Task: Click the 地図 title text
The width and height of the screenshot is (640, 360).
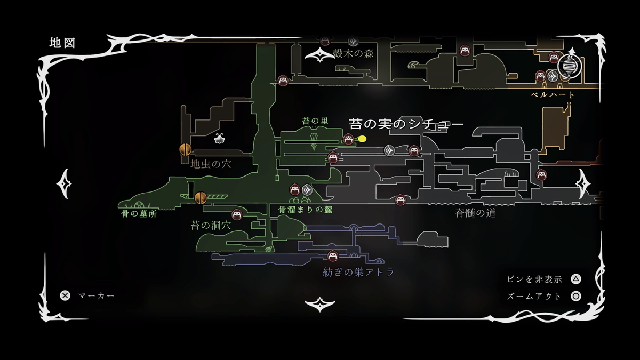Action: tap(62, 43)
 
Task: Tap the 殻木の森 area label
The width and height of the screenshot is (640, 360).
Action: tap(352, 54)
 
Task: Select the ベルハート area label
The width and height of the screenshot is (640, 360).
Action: tap(553, 95)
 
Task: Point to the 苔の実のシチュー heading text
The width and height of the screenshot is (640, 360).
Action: tap(406, 124)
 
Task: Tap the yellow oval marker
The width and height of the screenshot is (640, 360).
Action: tap(362, 139)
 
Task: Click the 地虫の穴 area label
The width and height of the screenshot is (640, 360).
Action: tap(211, 164)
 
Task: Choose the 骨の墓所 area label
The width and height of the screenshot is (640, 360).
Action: tap(139, 214)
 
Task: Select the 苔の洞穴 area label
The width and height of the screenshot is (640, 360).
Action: tap(211, 225)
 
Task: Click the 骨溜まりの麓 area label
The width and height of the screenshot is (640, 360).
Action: tap(305, 210)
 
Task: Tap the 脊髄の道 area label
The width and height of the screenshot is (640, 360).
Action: tap(475, 213)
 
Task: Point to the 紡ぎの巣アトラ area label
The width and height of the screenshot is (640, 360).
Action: tap(358, 273)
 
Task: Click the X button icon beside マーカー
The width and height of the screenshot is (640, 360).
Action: tap(65, 295)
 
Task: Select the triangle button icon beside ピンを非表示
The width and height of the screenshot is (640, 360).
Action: tap(576, 279)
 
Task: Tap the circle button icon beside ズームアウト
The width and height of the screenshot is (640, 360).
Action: tap(576, 297)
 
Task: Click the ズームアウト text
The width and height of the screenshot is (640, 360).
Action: tap(534, 297)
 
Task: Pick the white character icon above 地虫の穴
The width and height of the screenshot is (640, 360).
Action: tap(219, 139)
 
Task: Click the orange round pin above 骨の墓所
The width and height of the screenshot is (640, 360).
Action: tap(201, 198)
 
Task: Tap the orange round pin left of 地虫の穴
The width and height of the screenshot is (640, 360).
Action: tap(185, 150)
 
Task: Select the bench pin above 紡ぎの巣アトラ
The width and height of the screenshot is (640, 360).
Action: tap(333, 257)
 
